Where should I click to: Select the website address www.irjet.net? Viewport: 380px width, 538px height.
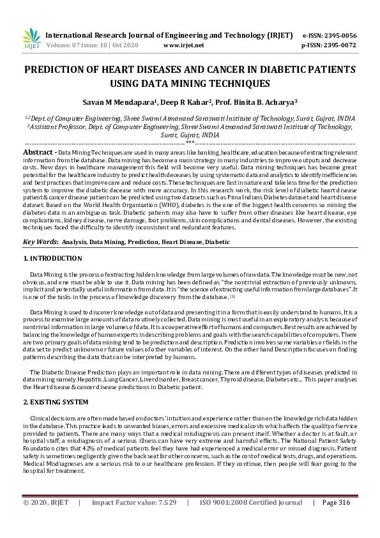click(184, 46)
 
